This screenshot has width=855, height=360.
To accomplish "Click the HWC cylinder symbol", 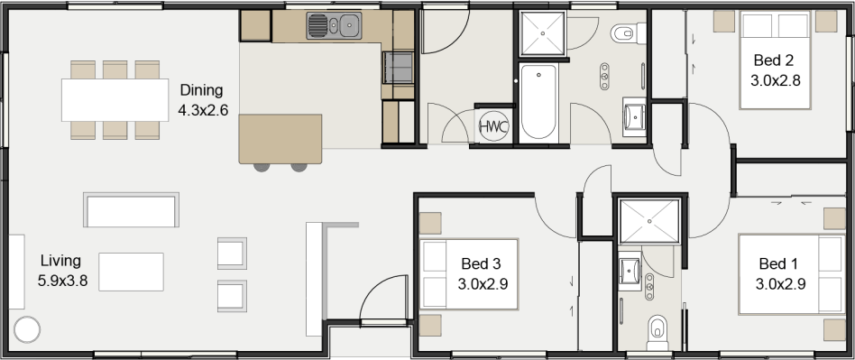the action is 493,126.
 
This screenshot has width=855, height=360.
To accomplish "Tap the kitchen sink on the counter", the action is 334,25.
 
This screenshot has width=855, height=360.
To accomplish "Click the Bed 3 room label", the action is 481,264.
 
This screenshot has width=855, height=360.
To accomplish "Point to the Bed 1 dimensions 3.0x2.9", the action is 780,284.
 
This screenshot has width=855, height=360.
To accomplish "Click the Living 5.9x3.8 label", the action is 62,271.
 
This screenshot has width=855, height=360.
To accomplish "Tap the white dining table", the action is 115,100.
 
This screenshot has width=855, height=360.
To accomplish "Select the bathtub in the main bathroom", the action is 538,102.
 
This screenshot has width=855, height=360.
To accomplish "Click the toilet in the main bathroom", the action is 628,33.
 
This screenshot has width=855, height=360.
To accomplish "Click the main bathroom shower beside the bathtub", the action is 543,33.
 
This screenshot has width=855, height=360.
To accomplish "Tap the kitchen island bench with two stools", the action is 280,139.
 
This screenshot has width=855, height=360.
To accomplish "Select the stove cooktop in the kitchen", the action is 398,68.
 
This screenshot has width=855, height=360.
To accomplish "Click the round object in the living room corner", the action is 27,329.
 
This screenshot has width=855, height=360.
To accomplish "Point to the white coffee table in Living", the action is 131,272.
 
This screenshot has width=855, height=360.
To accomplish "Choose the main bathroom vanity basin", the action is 634,116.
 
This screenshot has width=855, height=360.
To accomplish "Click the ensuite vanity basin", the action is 630,271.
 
